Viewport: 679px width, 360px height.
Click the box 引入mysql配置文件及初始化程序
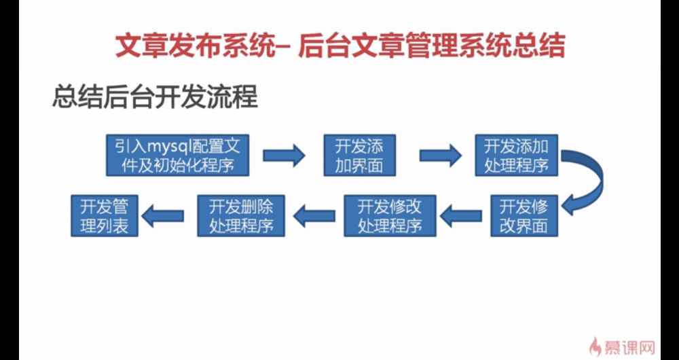coord(177,155)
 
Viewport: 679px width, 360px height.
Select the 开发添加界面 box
coord(359,155)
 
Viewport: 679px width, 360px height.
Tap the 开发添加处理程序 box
coord(516,155)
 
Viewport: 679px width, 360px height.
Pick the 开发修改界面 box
coord(524,216)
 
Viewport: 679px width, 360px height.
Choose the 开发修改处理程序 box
coord(390,216)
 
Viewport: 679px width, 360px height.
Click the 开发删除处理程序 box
coord(241,216)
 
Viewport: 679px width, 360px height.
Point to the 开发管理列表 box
coord(105,216)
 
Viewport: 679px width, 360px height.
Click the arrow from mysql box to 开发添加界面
coord(284,155)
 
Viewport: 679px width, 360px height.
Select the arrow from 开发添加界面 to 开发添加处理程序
coord(441,155)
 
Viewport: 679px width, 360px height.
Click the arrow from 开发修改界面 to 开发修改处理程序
coord(461,216)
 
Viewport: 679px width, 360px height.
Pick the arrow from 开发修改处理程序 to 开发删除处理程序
coord(314,216)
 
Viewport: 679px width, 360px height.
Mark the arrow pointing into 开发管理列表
coord(163,216)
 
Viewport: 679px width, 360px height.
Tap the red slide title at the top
coord(340,46)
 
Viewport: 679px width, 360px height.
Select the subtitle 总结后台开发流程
coord(155,96)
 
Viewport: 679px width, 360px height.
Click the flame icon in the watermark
coord(595,346)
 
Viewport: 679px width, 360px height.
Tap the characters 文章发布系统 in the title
coord(194,46)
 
